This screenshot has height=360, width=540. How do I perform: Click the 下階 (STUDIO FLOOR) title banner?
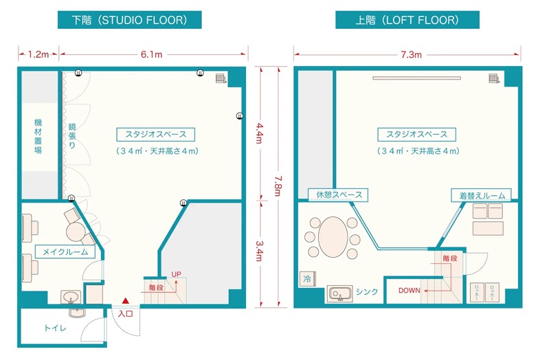129,20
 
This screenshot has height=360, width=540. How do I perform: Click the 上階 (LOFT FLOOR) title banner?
407,20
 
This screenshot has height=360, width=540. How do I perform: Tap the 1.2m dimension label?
38,54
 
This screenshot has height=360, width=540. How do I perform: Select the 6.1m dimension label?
151,54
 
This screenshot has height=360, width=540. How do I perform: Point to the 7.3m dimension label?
411,54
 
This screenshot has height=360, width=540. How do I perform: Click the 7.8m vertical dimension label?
278,186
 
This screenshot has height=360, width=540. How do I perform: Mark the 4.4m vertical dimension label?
259,133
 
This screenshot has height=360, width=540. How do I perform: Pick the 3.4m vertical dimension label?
259,251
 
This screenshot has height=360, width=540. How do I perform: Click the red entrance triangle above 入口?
125,301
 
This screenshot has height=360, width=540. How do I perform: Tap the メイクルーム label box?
65,252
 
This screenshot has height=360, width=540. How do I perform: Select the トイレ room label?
55,328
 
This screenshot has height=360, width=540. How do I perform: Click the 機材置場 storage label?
38,136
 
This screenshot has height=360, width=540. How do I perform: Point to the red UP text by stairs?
177,274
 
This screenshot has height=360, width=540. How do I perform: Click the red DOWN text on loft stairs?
409,291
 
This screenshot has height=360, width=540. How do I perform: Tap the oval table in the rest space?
333,237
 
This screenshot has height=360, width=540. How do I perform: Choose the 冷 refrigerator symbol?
307,279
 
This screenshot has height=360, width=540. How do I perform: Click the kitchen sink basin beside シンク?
339,293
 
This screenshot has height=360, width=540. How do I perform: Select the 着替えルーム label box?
481,195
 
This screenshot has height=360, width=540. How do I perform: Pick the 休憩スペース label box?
338,194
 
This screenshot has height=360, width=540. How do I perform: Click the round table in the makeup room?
76,232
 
